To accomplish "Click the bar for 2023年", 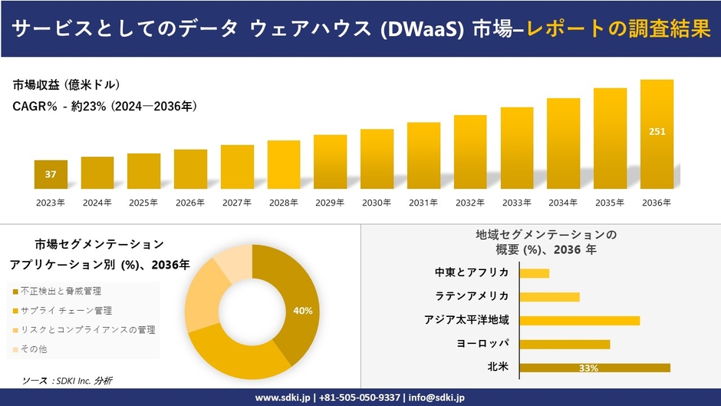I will pos(51,174).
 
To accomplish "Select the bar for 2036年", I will pos(657,134).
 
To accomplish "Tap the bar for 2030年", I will pos(377,159).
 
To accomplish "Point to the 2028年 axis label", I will pos(284,203).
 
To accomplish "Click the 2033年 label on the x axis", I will pos(516,203).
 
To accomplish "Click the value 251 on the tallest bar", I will pos(657,131).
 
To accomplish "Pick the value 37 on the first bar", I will pos(51,174).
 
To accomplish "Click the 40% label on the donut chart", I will pos(302,311).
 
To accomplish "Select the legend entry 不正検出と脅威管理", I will pos(61,292).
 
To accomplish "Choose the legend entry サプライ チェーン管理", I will pos(66,311).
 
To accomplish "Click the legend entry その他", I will pos(34,349).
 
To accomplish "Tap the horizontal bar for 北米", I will pos(594,368).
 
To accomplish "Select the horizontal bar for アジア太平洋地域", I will pos(579,320).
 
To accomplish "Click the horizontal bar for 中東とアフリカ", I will pos(535,273).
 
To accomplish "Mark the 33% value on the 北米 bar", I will pos(588,368).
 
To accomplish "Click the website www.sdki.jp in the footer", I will pos(281,398).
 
